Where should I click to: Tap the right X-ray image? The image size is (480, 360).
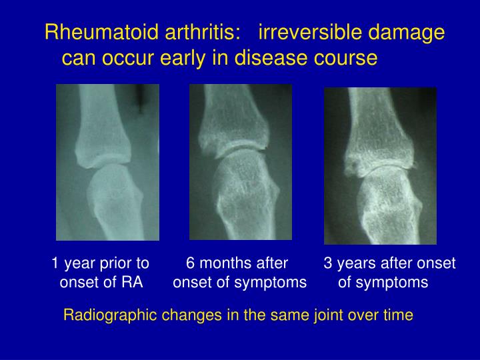point(380,166)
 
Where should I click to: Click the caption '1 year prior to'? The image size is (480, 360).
point(101,263)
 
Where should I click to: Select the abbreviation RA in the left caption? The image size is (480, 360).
point(133,282)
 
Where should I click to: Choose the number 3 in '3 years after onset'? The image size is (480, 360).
point(328,263)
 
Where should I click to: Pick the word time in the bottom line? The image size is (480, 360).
point(400,315)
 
